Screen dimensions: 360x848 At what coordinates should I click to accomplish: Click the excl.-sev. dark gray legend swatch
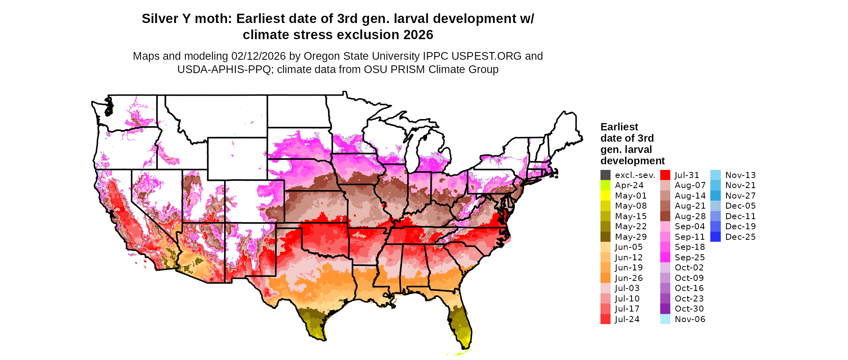[x=605, y=175]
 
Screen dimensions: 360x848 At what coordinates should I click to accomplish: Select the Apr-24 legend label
[x=629, y=185]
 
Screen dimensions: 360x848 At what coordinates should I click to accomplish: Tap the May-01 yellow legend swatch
[x=605, y=196]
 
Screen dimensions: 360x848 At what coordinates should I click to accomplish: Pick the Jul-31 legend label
[x=687, y=175]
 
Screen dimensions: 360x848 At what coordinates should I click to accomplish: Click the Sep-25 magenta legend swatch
[x=665, y=257]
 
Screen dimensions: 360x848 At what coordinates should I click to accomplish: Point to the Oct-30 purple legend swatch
[x=665, y=309]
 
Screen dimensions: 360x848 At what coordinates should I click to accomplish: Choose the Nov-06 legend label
[x=690, y=319]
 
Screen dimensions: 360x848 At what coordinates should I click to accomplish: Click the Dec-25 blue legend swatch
[x=715, y=237]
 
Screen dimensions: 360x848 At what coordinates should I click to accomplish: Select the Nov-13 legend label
[x=740, y=175]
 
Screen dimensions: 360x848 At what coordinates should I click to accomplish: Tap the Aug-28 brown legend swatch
[x=665, y=216]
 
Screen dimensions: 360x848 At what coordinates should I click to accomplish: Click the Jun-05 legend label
[x=629, y=247]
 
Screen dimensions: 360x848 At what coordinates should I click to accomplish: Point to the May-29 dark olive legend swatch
[x=605, y=237]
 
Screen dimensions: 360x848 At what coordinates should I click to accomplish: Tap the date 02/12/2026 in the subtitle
[x=258, y=56]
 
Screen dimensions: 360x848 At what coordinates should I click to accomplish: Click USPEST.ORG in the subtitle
[x=487, y=56]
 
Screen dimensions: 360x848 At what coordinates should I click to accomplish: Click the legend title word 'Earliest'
[x=619, y=127]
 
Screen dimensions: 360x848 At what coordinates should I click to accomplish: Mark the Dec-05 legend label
[x=740, y=206]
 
